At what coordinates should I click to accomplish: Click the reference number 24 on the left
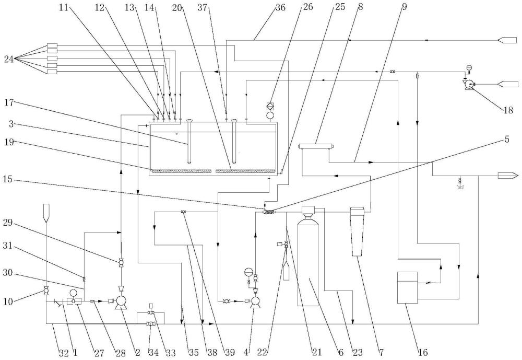9,60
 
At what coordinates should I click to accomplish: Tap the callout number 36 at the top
280,7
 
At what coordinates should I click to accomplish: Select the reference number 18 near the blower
508,110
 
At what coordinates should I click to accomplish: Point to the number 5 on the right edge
507,140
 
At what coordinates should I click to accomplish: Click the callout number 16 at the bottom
423,352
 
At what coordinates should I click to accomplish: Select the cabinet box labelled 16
408,288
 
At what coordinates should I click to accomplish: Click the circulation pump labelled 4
255,302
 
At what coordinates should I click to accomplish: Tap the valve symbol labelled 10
45,292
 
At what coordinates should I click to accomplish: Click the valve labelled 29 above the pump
121,263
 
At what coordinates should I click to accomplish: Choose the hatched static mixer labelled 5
269,212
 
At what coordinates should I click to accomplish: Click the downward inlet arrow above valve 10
45,213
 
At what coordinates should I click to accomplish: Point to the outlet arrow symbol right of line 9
508,176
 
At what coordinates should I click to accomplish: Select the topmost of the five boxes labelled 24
52,45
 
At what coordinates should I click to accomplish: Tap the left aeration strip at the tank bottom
181,171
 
